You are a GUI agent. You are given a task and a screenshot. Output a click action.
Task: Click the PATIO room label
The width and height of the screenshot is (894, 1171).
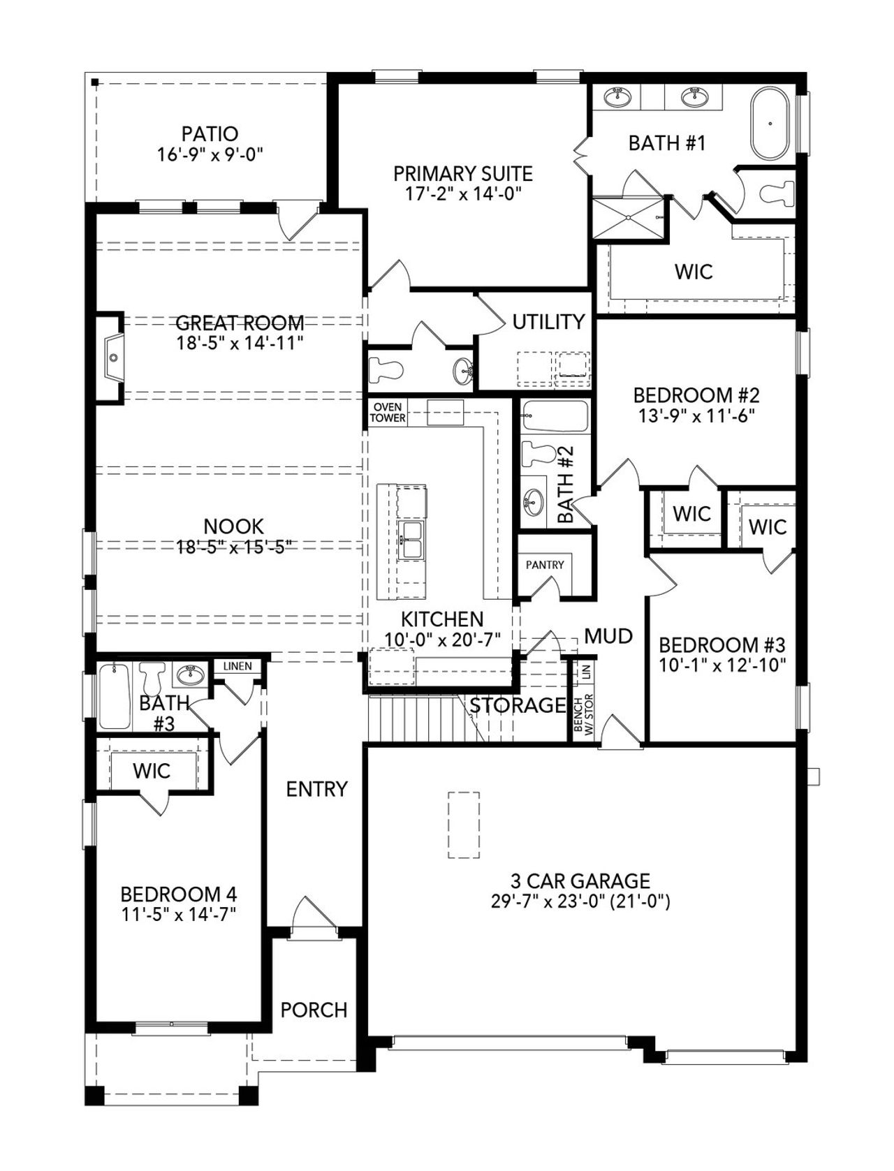coord(210,133)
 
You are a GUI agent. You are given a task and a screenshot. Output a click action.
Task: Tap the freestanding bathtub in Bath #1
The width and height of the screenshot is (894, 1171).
coord(770,124)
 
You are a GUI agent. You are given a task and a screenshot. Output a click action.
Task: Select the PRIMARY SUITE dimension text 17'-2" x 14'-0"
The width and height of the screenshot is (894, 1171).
coord(463,193)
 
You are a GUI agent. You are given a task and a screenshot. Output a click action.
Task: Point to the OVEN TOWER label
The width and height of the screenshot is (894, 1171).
coord(387,412)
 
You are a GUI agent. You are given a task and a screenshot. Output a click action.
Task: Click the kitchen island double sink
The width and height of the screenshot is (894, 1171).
coord(411,539)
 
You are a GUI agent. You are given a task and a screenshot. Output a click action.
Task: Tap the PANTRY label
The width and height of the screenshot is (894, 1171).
coord(544,564)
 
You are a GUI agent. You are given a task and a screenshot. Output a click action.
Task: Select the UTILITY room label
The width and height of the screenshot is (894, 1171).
coord(548,322)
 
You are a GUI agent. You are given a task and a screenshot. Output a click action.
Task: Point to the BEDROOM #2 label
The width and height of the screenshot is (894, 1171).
coord(696,395)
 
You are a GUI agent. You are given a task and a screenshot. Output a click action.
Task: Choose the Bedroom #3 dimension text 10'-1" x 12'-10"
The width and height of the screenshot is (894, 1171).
coord(722,664)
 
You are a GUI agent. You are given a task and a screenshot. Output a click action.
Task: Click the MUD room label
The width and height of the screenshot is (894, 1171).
coord(608,636)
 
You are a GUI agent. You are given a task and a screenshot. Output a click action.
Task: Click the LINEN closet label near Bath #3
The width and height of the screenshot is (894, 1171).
coord(237,666)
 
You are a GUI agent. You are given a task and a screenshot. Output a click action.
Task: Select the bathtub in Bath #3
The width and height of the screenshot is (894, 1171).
coord(115,696)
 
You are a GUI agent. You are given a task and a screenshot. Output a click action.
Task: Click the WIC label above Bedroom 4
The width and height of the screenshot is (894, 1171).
coord(152,771)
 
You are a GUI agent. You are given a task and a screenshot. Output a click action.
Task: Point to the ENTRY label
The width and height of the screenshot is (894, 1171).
coord(316,789)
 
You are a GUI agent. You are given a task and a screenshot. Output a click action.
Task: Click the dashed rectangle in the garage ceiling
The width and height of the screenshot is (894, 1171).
coord(463,825)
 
